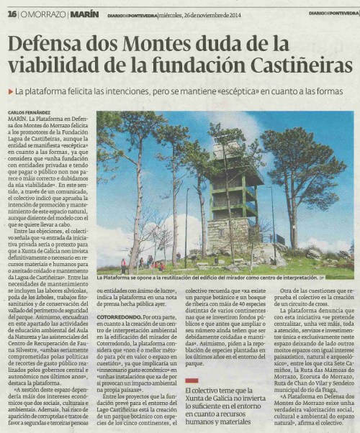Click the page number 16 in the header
click(x=12, y=14)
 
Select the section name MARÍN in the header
click(x=84, y=14)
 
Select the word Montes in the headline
click(x=163, y=47)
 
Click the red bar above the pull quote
click(x=191, y=379)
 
